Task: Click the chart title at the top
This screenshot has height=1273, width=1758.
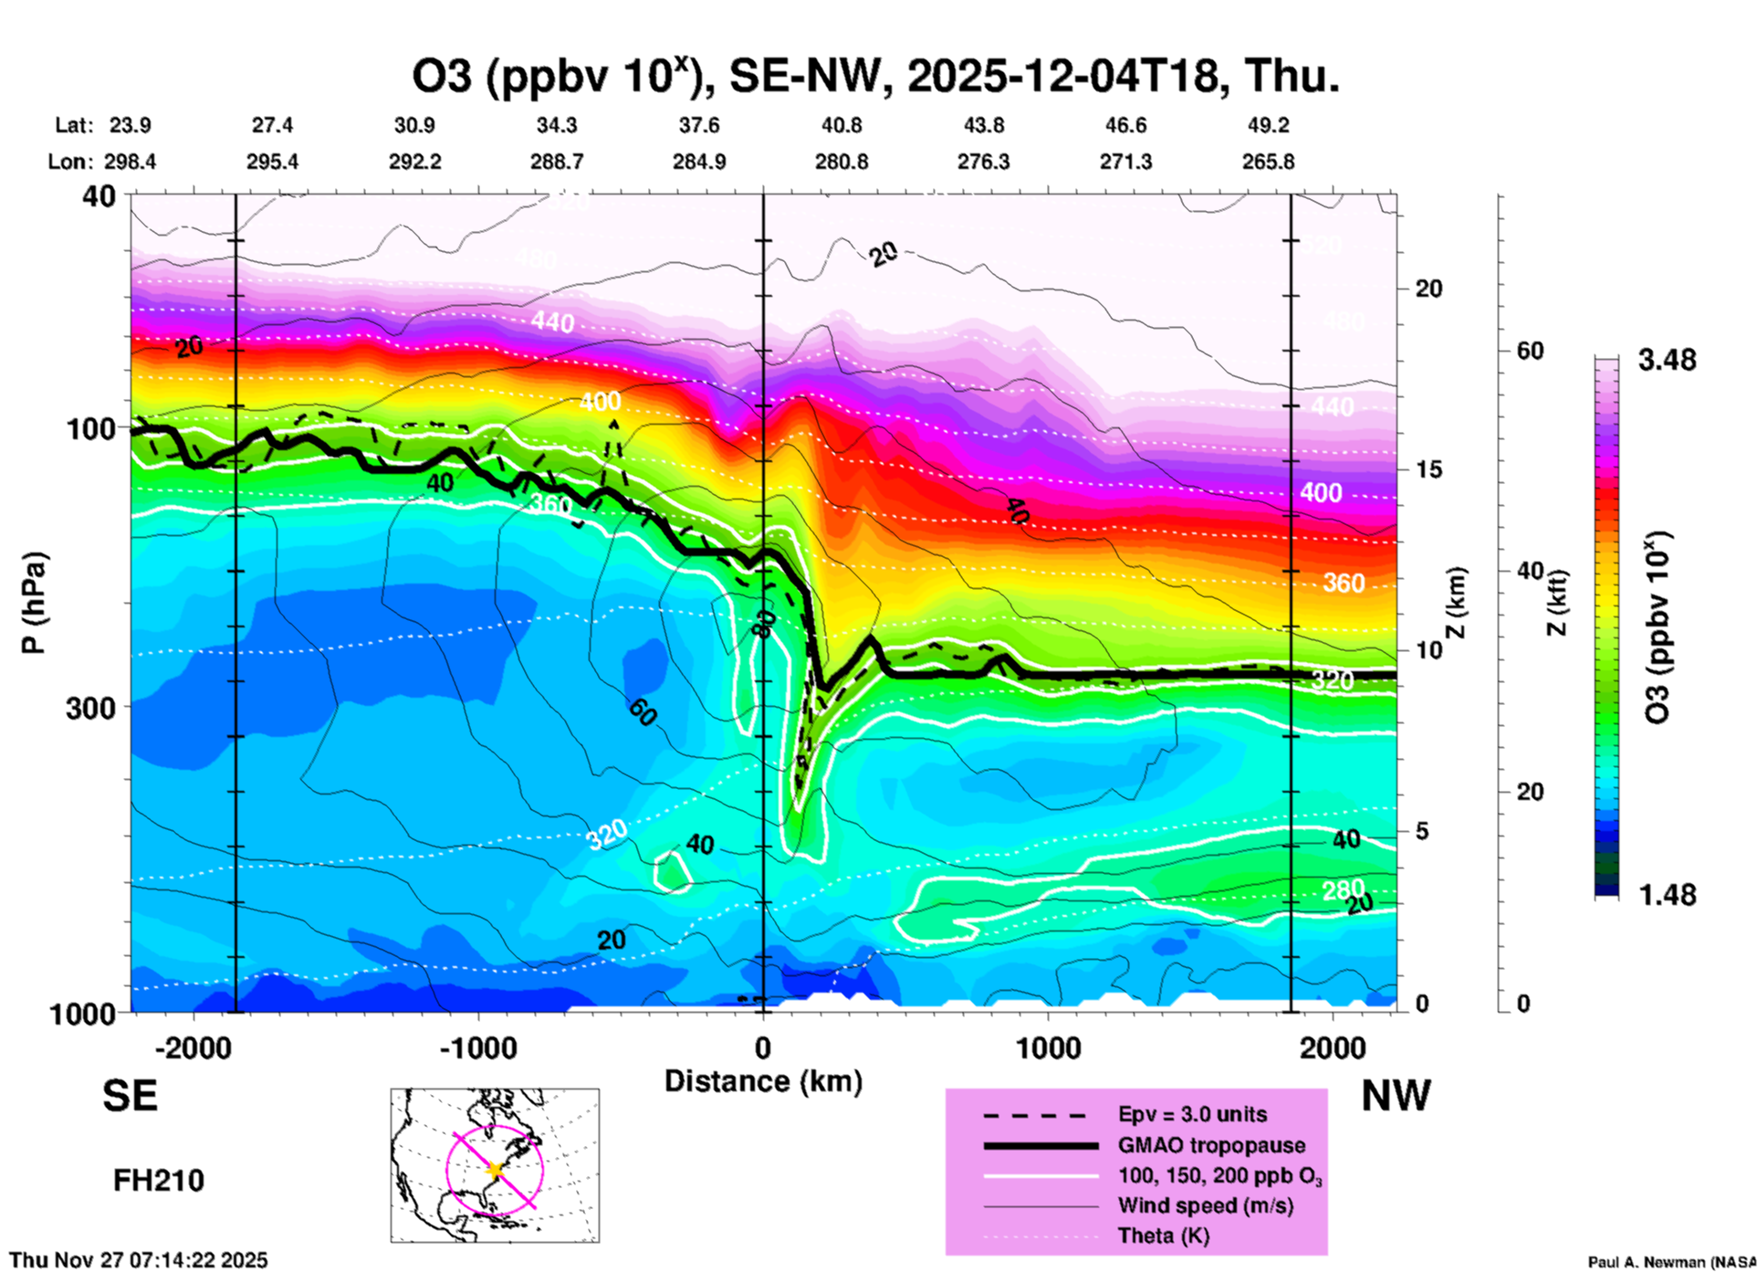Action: click(x=876, y=77)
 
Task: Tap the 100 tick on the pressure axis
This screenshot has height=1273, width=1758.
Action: click(x=91, y=428)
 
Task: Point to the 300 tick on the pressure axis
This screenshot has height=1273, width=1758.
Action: click(x=91, y=708)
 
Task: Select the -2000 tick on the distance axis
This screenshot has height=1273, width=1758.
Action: click(x=193, y=1047)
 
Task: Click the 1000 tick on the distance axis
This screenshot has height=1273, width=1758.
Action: click(x=1048, y=1047)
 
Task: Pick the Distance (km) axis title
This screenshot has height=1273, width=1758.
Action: click(x=763, y=1081)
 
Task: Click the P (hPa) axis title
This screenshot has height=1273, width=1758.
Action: click(x=34, y=603)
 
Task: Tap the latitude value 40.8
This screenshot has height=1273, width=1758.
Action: click(x=842, y=125)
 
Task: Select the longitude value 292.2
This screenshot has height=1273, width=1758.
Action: click(x=415, y=163)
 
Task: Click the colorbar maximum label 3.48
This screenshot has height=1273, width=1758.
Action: click(x=1667, y=361)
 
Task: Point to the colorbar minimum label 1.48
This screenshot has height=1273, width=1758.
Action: click(x=1667, y=895)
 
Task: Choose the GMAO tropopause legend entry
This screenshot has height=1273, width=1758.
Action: click(x=1211, y=1145)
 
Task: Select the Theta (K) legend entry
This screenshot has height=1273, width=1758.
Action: click(x=1163, y=1236)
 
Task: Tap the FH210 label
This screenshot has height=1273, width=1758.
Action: click(x=159, y=1181)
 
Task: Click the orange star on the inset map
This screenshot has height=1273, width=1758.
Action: click(x=495, y=1169)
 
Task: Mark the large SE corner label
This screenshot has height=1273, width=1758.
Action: click(x=130, y=1096)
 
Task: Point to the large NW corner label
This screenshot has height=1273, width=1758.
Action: click(x=1396, y=1096)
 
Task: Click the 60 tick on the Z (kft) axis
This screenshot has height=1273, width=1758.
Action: click(x=1530, y=351)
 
